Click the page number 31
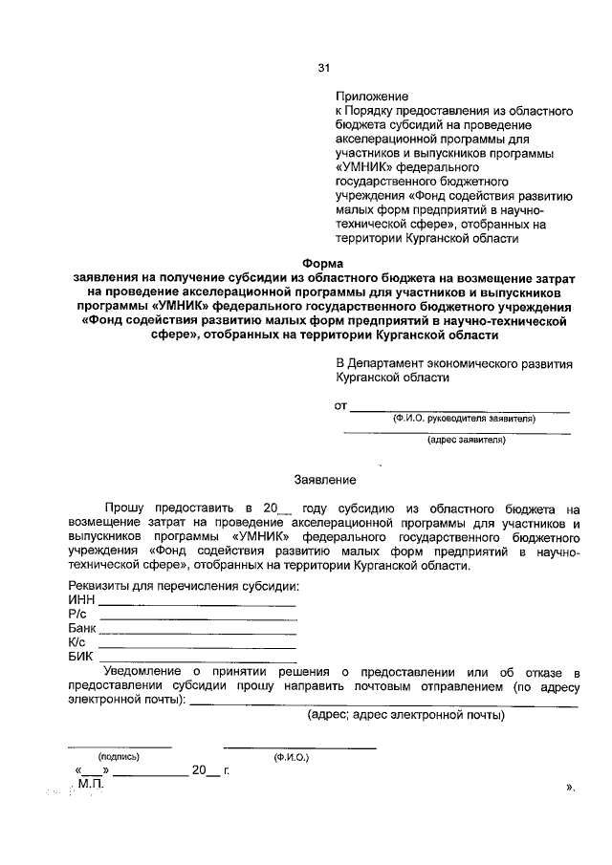(323, 67)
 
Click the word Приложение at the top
(372, 96)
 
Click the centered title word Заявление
(324, 479)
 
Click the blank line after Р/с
(198, 619)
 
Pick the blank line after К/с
(198, 648)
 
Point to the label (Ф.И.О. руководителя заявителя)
(458, 419)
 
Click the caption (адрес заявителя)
(466, 441)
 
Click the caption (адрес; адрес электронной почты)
(405, 715)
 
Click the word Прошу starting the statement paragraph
(124, 508)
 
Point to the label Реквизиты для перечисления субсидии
(184, 585)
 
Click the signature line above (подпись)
(119, 746)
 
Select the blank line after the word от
(460, 410)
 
